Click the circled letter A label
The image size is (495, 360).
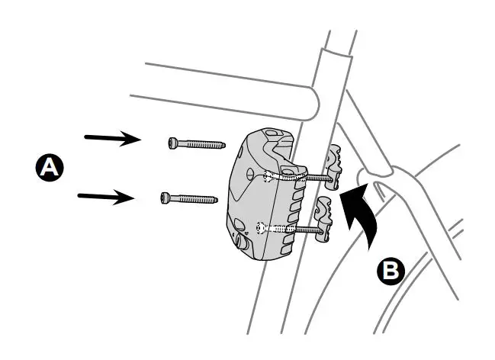pyautogui.click(x=49, y=167)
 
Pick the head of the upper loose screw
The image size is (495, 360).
pyautogui.click(x=173, y=141)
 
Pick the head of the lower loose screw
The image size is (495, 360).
pyautogui.click(x=167, y=198)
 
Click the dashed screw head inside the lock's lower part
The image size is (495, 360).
pyautogui.click(x=263, y=226)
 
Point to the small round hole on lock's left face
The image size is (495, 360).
pyautogui.click(x=238, y=224)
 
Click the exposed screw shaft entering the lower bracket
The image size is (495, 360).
pyautogui.click(x=301, y=229)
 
